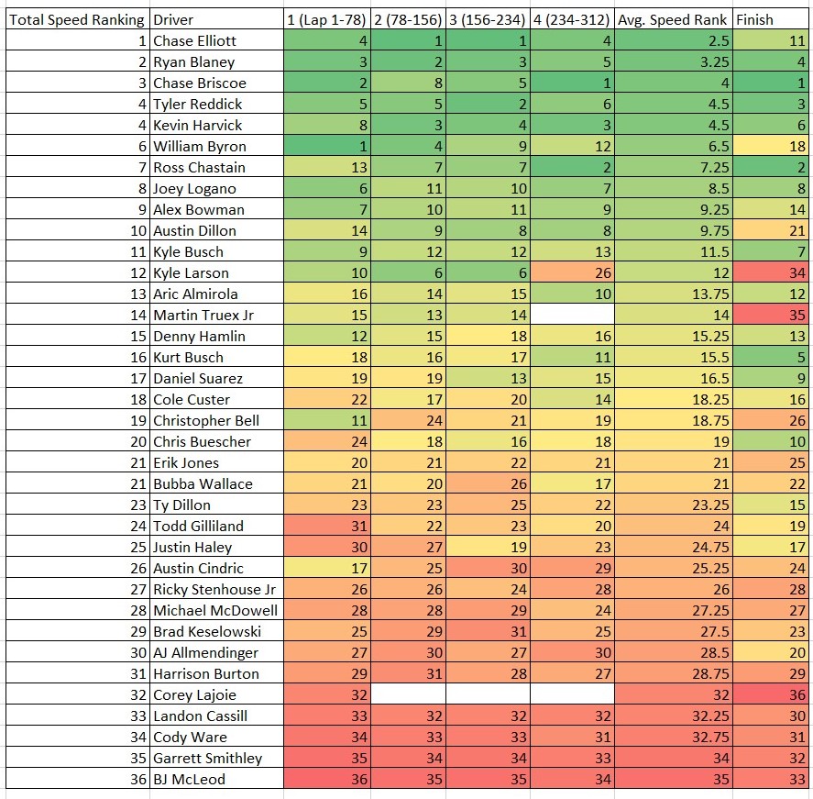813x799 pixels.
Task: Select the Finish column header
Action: [x=754, y=19]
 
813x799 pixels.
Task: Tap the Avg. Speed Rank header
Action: [x=673, y=19]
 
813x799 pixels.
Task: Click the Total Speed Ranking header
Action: [x=75, y=19]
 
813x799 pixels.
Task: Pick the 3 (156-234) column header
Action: [x=487, y=19]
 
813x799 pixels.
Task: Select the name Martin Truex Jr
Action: [x=203, y=315]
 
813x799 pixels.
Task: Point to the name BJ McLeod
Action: [x=189, y=779]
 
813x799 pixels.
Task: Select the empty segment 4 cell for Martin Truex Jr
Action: [x=572, y=315]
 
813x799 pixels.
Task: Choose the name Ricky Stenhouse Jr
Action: [x=214, y=589]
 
